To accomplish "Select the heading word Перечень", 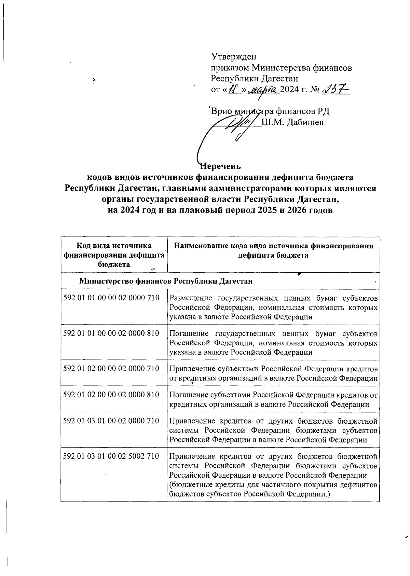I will click(x=221, y=166).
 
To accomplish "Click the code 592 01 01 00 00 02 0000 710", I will click(x=111, y=298).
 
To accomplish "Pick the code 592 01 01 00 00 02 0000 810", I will click(x=111, y=333).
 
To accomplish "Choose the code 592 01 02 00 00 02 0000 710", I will click(x=111, y=368).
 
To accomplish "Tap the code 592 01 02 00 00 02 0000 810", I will click(x=111, y=395).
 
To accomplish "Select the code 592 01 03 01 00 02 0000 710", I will click(x=111, y=421).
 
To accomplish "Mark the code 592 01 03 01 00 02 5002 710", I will click(x=111, y=456).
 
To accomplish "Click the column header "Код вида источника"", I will click(x=114, y=246).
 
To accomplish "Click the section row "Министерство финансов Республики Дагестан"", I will click(x=166, y=281).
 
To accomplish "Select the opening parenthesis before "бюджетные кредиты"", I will click(x=171, y=485).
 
